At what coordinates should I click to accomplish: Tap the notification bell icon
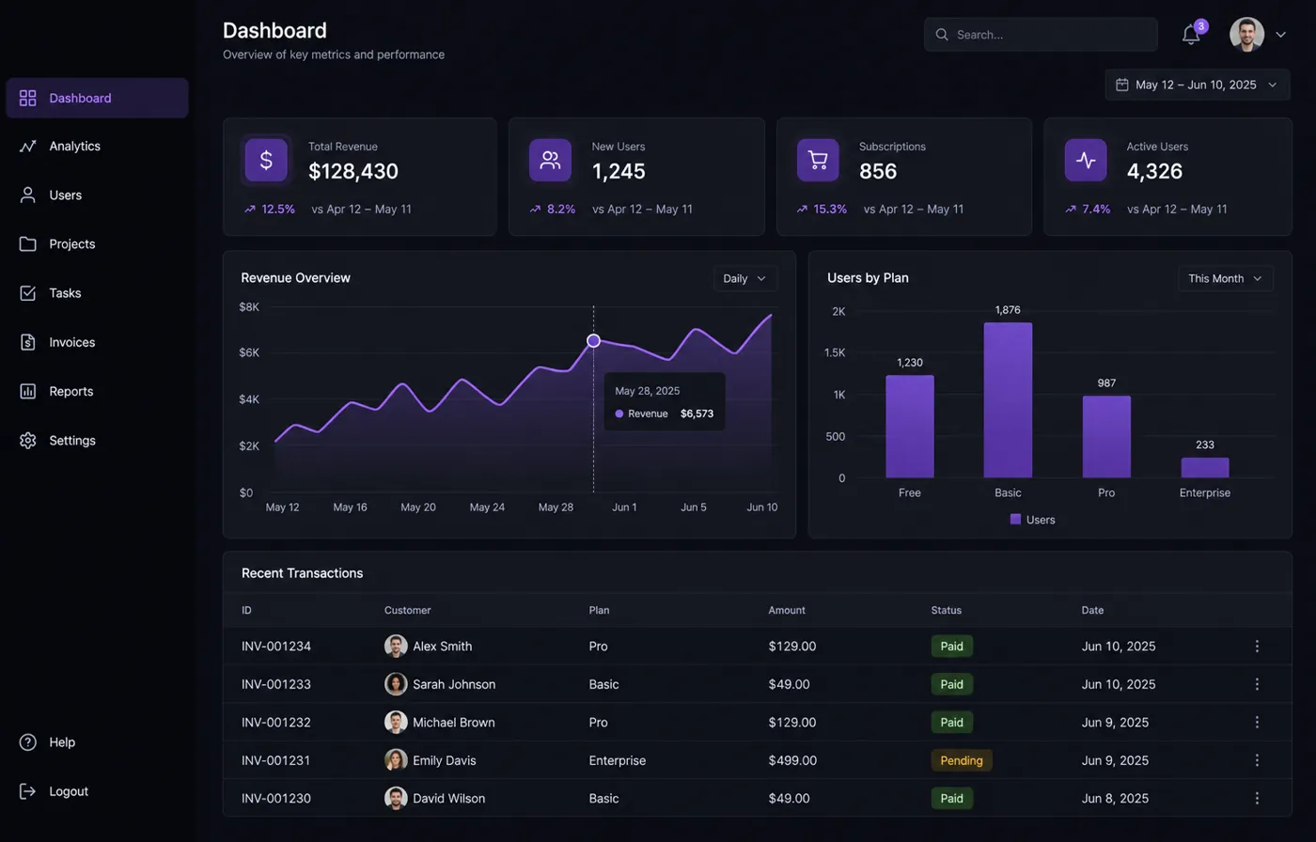[x=1191, y=35]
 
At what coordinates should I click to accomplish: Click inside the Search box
[x=1041, y=35]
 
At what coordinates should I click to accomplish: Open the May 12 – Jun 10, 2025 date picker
[x=1198, y=86]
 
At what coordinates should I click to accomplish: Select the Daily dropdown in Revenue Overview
[x=744, y=279]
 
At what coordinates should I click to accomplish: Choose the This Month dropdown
[x=1226, y=279]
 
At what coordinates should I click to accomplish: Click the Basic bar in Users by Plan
[x=1008, y=400]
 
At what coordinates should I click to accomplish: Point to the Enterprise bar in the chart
[x=1205, y=467]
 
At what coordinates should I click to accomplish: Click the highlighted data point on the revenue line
[x=593, y=340]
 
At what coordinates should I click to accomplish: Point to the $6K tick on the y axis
[x=249, y=353]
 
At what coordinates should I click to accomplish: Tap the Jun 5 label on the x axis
[x=694, y=507]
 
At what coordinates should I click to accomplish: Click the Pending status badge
[x=961, y=760]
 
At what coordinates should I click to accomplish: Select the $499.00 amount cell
[x=792, y=760]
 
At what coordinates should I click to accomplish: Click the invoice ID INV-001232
[x=276, y=723]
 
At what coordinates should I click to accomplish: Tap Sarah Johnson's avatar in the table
[x=396, y=684]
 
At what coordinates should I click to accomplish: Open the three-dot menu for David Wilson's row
[x=1257, y=799]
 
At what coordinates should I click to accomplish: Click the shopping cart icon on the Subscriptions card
[x=818, y=161]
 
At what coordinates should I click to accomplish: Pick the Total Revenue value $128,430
[x=353, y=171]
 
